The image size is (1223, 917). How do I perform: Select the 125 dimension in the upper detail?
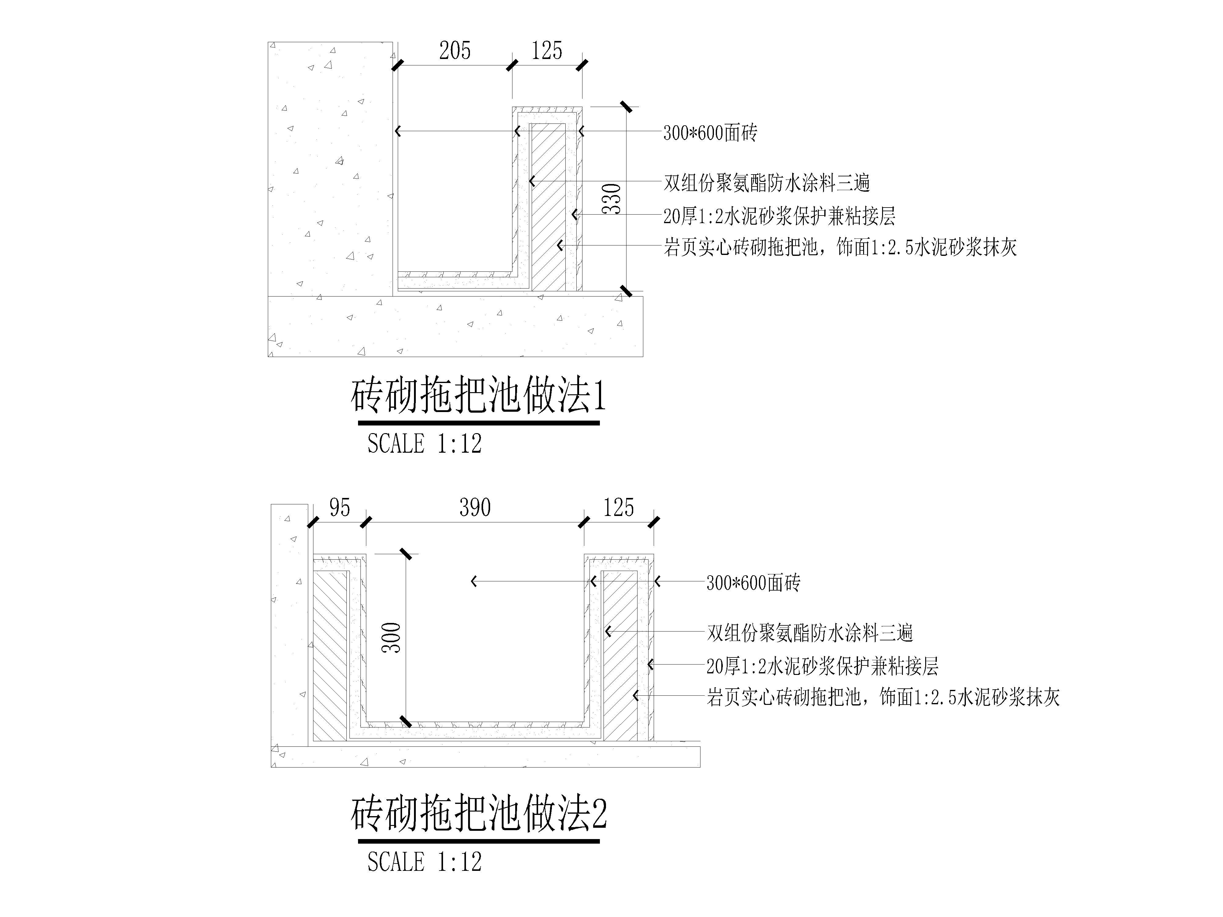click(547, 51)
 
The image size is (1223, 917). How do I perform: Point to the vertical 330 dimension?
click(612, 199)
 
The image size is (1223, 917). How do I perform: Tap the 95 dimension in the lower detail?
click(339, 507)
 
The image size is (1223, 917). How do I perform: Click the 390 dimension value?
click(475, 507)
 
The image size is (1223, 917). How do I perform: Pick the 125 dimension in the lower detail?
click(618, 507)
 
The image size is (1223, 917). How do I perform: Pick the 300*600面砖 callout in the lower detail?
click(753, 583)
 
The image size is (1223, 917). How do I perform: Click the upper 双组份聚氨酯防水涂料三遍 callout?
click(767, 183)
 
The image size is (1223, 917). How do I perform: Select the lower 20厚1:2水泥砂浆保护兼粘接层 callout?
click(822, 667)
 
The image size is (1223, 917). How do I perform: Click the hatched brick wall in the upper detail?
click(549, 207)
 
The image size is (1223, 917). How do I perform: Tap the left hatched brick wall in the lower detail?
click(330, 656)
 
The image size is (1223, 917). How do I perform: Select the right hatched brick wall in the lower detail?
click(620, 656)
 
